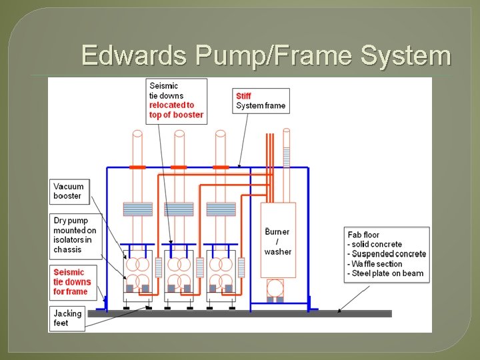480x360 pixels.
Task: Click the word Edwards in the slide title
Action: pyautogui.click(x=133, y=56)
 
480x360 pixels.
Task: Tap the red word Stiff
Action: pyautogui.click(x=244, y=96)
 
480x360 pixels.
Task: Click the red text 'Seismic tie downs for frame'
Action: pyautogui.click(x=73, y=282)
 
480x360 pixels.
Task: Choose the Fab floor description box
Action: pyautogui.click(x=387, y=254)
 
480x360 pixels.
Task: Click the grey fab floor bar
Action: pyautogui.click(x=240, y=313)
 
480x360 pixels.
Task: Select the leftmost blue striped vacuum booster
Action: pyautogui.click(x=138, y=209)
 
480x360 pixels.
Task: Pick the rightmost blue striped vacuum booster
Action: pyautogui.click(x=221, y=209)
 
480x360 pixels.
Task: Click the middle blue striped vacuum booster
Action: pyautogui.click(x=179, y=209)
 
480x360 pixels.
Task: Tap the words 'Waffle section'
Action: pyautogui.click(x=377, y=264)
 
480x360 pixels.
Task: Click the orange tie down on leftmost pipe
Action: pyautogui.click(x=138, y=167)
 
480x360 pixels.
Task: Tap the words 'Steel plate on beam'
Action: pyautogui.click(x=387, y=273)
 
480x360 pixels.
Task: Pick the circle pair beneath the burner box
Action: pyautogui.click(x=275, y=288)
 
